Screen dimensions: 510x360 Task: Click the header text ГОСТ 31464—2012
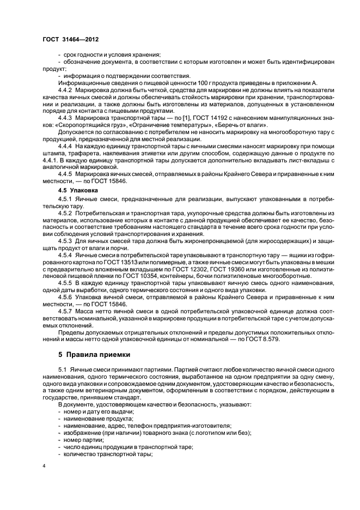click(x=66, y=40)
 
